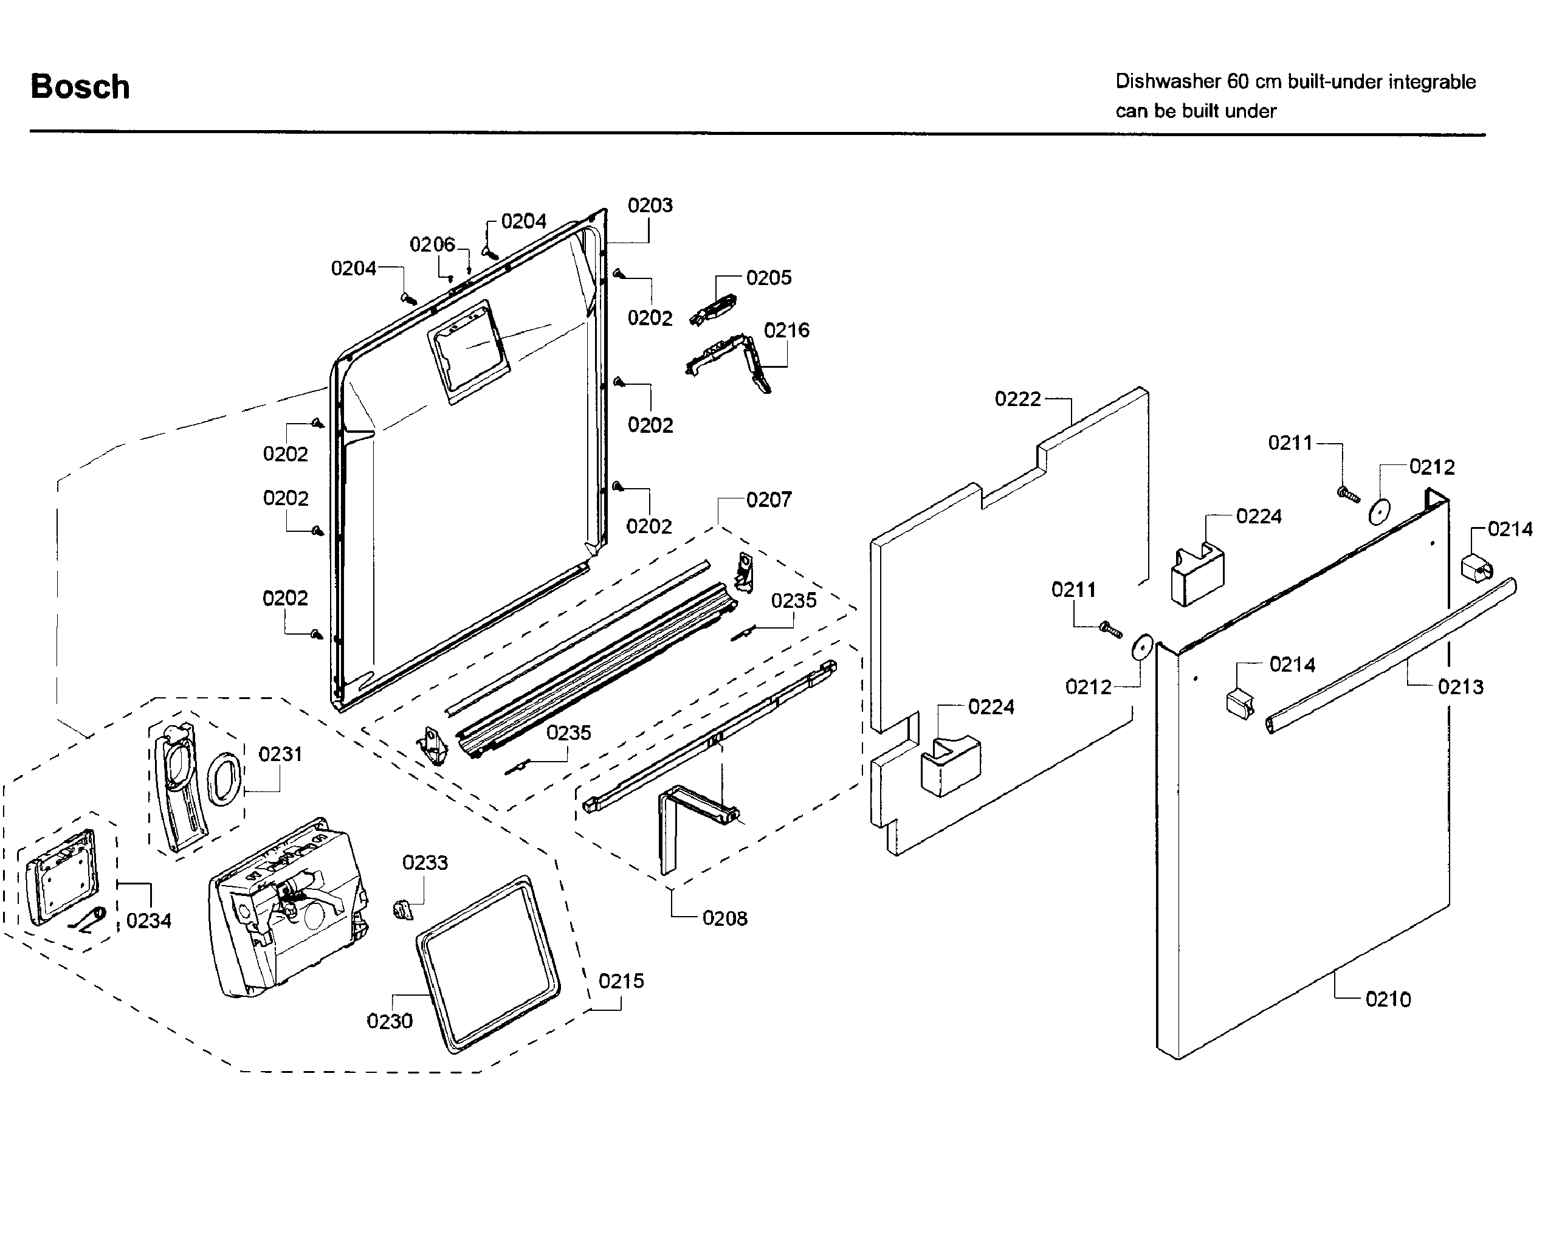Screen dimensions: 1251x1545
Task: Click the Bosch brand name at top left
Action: (x=80, y=86)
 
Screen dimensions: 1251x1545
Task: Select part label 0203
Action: (x=650, y=205)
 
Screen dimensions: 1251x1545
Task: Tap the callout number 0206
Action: (x=432, y=244)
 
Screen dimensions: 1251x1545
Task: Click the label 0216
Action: (x=786, y=330)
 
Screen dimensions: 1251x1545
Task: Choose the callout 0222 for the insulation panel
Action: (x=1017, y=399)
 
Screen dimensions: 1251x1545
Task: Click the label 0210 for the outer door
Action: (x=1388, y=999)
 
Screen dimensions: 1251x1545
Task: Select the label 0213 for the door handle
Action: (x=1460, y=687)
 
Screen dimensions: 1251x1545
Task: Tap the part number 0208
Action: (x=725, y=918)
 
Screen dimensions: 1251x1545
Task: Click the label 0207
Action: (x=768, y=500)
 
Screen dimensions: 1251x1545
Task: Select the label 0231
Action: (x=280, y=754)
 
